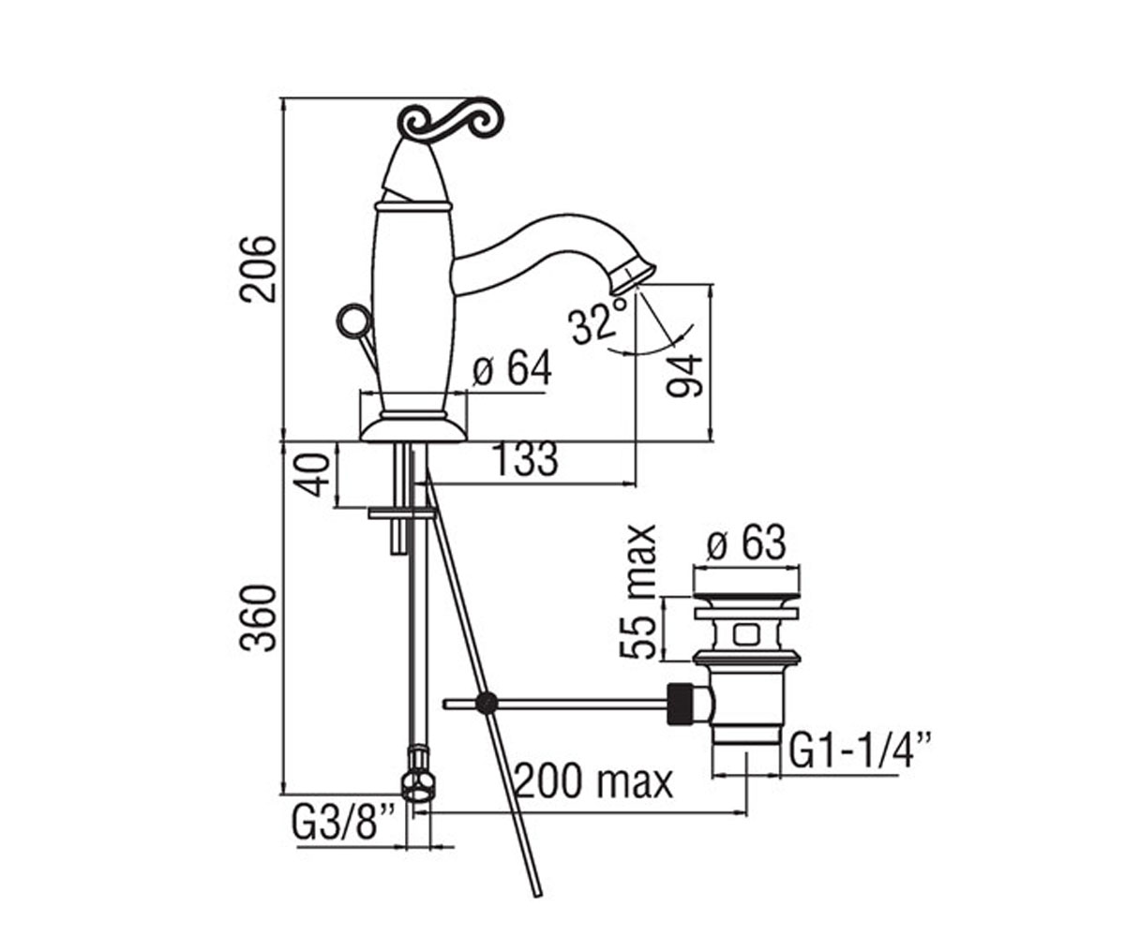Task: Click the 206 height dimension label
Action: click(x=258, y=268)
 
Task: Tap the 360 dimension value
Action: click(x=258, y=618)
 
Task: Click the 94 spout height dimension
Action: click(x=684, y=375)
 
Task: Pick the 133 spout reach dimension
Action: click(x=525, y=459)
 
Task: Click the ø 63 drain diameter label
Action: click(x=746, y=543)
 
